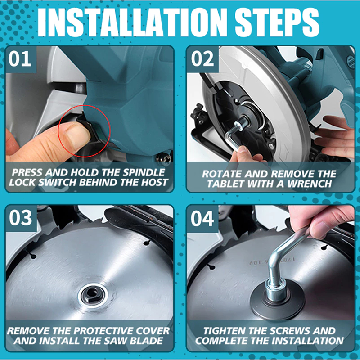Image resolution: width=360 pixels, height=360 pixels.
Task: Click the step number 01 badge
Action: (x=21, y=59)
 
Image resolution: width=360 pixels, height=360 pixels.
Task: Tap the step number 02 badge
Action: (x=202, y=59)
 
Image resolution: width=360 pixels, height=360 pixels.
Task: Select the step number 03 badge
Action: (x=21, y=218)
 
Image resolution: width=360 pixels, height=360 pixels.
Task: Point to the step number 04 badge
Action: (x=202, y=218)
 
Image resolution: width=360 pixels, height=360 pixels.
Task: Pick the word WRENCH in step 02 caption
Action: (x=310, y=184)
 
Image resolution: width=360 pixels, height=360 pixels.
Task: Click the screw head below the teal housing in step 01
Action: (x=163, y=159)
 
